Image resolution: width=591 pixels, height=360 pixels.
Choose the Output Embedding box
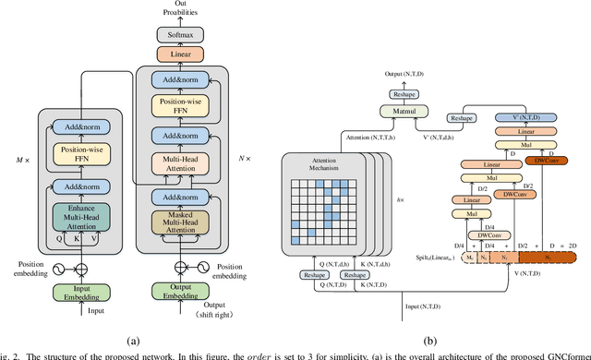click(x=181, y=292)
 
